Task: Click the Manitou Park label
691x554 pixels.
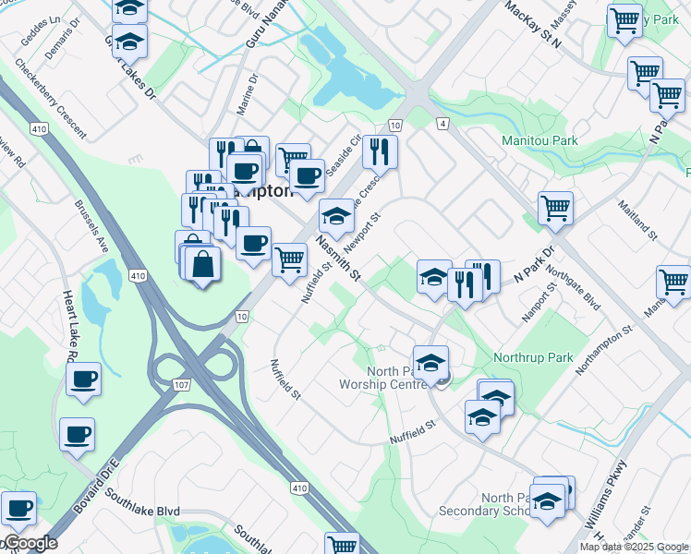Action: click(x=539, y=141)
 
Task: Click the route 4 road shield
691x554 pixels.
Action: click(x=443, y=124)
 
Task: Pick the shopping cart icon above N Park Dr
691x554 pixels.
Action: click(x=555, y=209)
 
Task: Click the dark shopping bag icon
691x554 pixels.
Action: click(x=202, y=265)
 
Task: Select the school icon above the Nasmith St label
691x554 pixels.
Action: click(x=336, y=217)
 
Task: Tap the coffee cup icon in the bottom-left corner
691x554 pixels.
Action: click(x=18, y=507)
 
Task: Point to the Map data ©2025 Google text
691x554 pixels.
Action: click(x=635, y=547)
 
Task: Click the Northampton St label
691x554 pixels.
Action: click(x=603, y=350)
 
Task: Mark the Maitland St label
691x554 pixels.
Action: click(x=637, y=222)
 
